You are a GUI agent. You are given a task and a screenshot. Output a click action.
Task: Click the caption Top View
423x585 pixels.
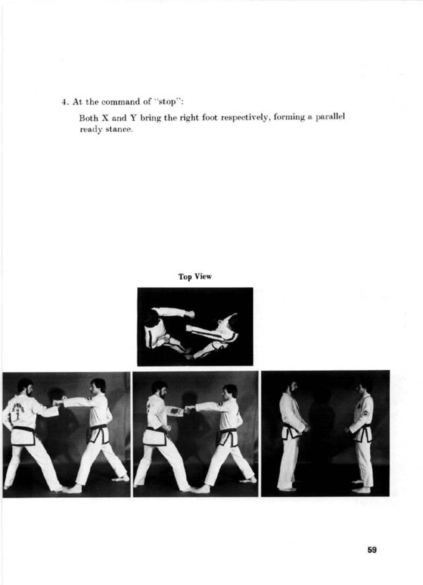(195, 277)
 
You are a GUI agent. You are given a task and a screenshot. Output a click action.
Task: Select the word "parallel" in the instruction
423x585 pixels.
(331, 117)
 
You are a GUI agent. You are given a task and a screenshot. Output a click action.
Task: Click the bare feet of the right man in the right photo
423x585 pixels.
(361, 487)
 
